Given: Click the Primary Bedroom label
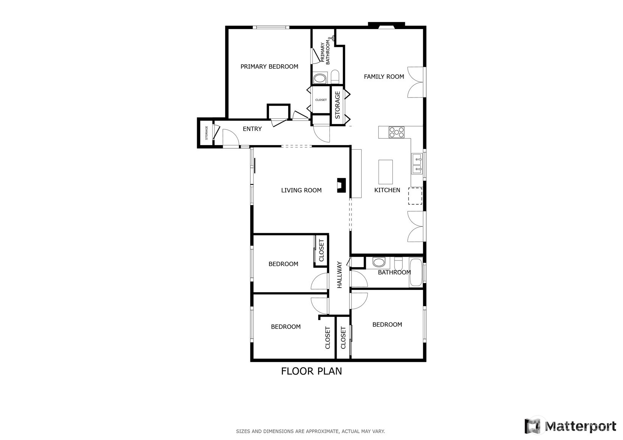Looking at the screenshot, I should [269, 67].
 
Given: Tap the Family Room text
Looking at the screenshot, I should [384, 77].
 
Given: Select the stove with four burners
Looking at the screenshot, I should [396, 132].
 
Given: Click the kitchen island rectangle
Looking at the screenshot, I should [385, 172].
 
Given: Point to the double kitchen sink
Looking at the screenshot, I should [417, 164].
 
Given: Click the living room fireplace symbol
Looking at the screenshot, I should [341, 186].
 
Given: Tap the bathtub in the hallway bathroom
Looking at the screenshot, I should [416, 272].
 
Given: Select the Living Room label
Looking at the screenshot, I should [301, 191].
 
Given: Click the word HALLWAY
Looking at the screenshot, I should [339, 275].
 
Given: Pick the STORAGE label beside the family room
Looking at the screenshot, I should [337, 105].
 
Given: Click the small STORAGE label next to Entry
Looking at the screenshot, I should [207, 133].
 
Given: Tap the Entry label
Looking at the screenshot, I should [252, 129].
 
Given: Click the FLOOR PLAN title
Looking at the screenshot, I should [311, 371].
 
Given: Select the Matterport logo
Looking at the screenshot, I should [570, 426].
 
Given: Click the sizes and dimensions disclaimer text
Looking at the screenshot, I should [310, 431].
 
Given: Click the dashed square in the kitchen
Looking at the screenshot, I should [415, 196].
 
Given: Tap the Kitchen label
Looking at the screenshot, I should [387, 190].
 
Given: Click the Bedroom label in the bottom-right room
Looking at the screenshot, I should [387, 325].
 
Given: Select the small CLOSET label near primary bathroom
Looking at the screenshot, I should [321, 100].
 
